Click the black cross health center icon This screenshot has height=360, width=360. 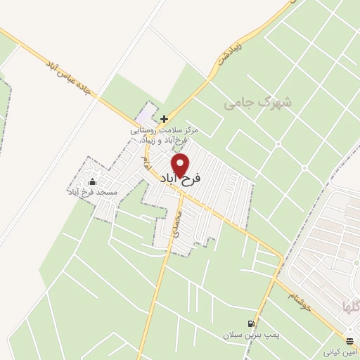point(164,119)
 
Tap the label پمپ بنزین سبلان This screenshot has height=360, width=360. point(251,335)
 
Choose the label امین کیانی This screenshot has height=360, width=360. point(340,350)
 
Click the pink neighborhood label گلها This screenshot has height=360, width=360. point(349,308)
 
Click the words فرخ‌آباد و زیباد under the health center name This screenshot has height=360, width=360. point(169,140)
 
